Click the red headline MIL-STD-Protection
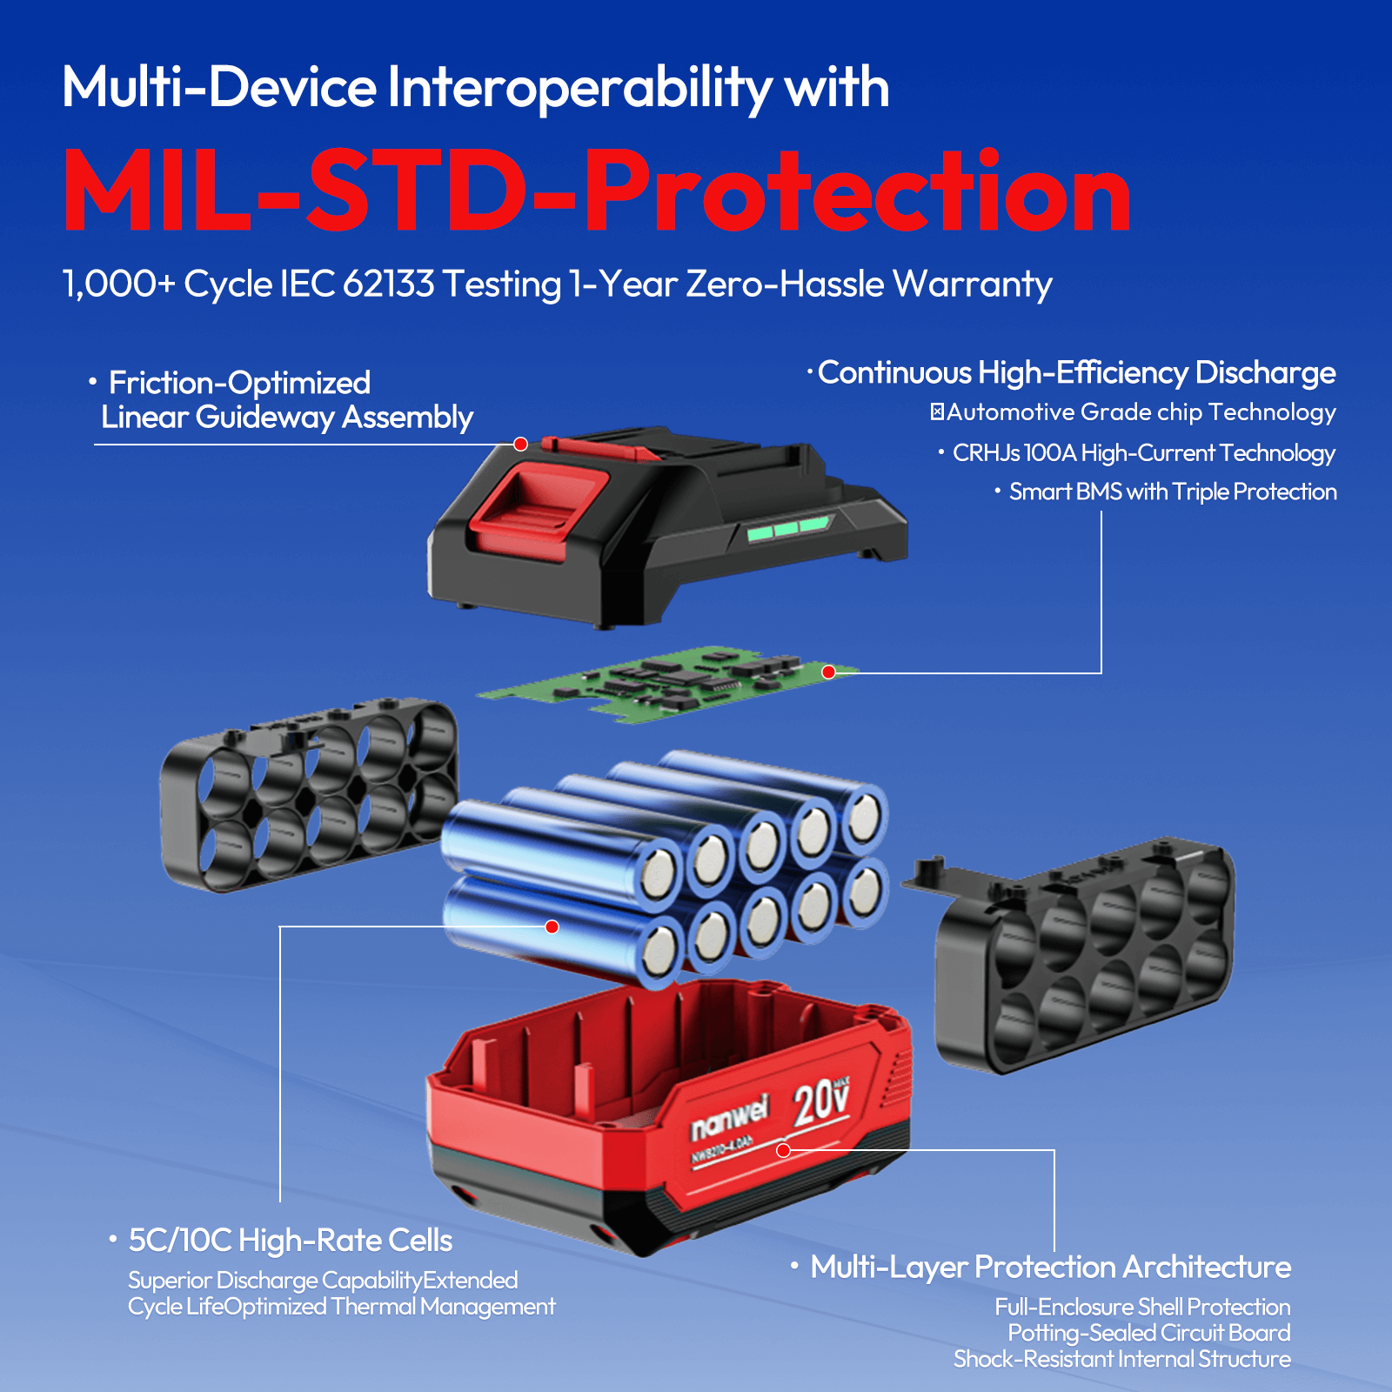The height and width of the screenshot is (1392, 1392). [597, 191]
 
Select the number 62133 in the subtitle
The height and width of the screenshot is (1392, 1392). [388, 284]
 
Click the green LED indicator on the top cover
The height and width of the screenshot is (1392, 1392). [788, 527]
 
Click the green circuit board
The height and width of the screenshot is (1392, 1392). [668, 682]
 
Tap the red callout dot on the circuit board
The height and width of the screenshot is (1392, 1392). [828, 672]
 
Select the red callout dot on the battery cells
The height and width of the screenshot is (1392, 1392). [552, 927]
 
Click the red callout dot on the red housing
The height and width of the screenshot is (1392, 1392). [783, 1150]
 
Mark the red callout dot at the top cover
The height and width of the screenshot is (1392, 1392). [520, 445]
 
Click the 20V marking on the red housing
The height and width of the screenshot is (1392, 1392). [821, 1101]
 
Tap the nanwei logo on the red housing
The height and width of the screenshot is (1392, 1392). [730, 1118]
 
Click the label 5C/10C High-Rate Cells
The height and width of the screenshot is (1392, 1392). [291, 1241]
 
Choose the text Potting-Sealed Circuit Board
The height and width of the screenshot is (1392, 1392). [1149, 1333]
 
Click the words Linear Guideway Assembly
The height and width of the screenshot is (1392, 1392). [287, 418]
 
